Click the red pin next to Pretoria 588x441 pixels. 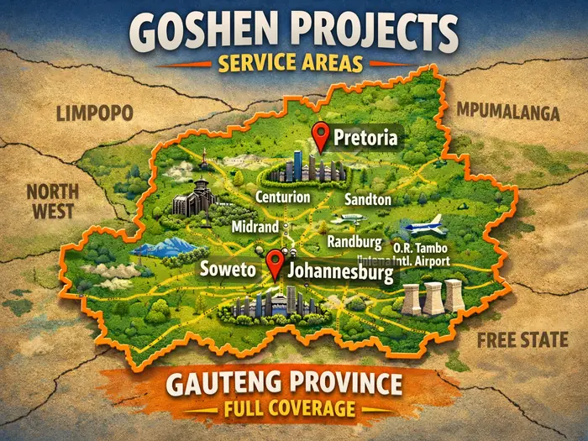(319, 134)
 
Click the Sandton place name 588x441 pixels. (368, 200)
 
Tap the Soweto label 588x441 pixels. (228, 270)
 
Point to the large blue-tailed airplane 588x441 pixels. (425, 227)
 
